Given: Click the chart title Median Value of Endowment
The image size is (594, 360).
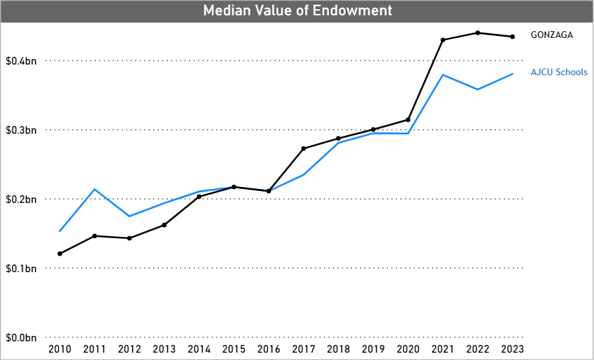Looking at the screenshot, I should click(297, 11).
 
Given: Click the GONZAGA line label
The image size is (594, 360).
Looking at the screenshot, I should click(551, 35).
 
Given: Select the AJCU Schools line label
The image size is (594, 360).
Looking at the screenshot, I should click(559, 72).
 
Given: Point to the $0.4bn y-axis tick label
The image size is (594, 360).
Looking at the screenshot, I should click(21, 61).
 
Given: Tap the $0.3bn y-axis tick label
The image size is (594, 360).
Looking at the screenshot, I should click(21, 130).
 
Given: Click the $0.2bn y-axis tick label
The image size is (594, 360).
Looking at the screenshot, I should click(21, 199).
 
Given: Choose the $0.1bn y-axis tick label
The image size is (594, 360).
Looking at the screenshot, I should click(21, 268).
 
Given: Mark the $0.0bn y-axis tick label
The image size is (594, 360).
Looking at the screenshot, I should click(21, 337).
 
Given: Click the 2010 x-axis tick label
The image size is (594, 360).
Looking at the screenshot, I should click(59, 349).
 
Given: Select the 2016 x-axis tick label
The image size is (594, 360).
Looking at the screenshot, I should click(268, 349).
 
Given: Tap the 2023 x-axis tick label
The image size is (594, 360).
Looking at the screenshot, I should click(512, 349).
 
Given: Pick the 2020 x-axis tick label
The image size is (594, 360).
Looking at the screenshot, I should click(408, 349).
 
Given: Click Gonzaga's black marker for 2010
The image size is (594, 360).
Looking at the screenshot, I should click(60, 254).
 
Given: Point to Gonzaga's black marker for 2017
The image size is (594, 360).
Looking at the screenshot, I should click(304, 148).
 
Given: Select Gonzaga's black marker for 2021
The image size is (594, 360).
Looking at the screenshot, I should click(443, 40).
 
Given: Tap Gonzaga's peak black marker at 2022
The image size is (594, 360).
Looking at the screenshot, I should click(477, 33).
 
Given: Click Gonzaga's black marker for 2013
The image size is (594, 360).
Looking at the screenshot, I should click(164, 225).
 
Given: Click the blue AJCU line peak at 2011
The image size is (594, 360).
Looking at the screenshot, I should click(95, 190).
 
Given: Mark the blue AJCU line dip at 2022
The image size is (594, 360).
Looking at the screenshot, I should click(477, 89).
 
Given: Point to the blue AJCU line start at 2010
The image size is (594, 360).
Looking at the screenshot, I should click(60, 231).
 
